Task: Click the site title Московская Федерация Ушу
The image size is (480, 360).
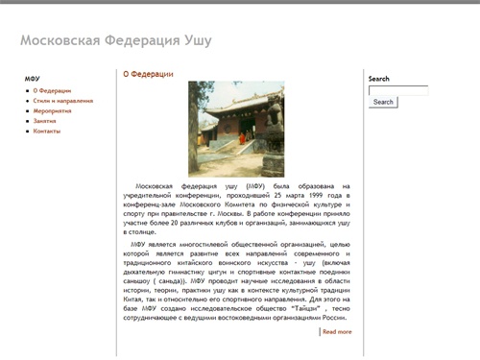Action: pyautogui.click(x=115, y=41)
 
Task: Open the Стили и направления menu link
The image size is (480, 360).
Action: pyautogui.click(x=63, y=100)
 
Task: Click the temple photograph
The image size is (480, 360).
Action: pyautogui.click(x=236, y=127)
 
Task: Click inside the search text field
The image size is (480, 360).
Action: pyautogui.click(x=397, y=90)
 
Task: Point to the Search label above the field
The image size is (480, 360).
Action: pyautogui.click(x=378, y=79)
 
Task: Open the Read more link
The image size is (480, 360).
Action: pyautogui.click(x=337, y=331)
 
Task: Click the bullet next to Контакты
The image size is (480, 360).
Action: pyautogui.click(x=28, y=132)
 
